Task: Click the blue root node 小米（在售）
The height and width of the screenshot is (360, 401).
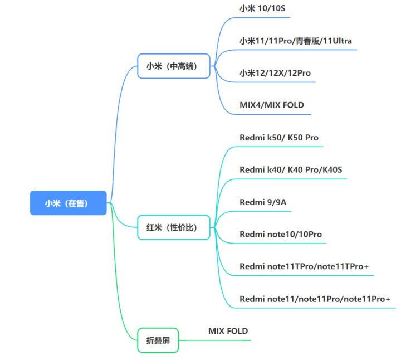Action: pos(69,203)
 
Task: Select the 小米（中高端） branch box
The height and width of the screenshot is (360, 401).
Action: pos(174,66)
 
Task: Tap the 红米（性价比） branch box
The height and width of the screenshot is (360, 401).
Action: pos(174,227)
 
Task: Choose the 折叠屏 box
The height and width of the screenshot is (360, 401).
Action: pos(158,340)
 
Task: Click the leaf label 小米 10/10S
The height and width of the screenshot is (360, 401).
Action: pos(262,8)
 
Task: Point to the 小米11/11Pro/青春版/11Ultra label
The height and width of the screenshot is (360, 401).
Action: pos(296,41)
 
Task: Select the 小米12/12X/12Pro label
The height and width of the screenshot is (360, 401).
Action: pos(275,73)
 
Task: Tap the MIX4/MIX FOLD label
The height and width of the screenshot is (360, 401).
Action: pos(272,105)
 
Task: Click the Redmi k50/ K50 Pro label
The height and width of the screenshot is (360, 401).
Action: pos(279,138)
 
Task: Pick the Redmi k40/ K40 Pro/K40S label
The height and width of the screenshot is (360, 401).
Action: pos(291,169)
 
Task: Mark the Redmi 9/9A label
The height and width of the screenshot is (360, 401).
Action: pos(263,202)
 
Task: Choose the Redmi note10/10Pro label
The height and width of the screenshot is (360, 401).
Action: pos(281,235)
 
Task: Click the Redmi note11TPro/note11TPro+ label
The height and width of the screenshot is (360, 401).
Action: pos(304,266)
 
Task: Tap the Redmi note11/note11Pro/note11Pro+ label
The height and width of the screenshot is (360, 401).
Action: pos(315,299)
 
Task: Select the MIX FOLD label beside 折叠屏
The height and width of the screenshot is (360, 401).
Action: pos(228,331)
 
